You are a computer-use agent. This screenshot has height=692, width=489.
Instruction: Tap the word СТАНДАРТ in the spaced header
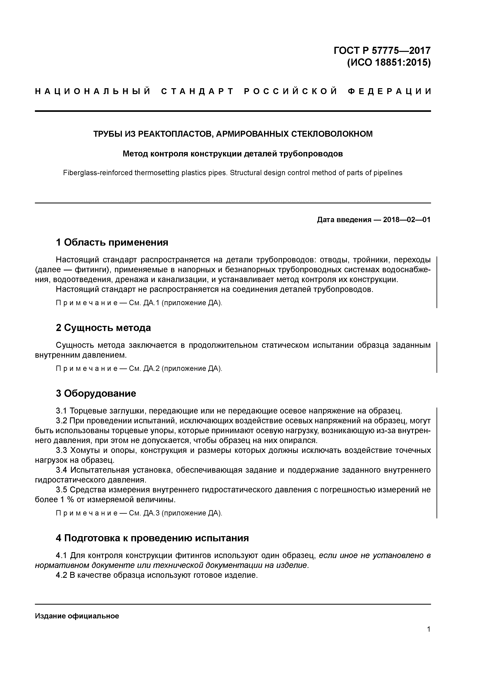(x=197, y=91)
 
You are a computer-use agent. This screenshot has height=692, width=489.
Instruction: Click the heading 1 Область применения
(x=112, y=242)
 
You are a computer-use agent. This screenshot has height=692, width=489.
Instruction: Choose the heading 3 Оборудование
(x=96, y=393)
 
